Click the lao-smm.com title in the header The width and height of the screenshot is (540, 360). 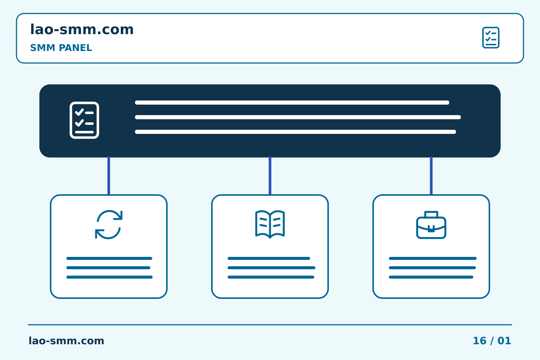82,29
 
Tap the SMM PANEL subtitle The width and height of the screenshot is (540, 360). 61,48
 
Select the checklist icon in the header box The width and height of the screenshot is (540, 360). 490,37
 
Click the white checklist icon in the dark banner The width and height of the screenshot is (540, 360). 84,120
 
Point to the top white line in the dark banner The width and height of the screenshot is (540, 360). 292,102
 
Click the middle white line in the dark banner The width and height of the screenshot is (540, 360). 298,117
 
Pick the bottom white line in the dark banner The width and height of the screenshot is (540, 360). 295,132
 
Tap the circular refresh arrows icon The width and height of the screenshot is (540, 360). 109,225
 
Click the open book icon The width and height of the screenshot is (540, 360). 270,224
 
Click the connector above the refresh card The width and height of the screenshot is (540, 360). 109,175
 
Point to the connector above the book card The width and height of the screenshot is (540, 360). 270,175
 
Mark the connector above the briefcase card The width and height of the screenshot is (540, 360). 431,175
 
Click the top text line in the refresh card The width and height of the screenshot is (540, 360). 109,258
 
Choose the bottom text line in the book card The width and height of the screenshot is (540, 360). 271,277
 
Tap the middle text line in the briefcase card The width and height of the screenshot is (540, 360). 432,268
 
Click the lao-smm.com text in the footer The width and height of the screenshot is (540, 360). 66,341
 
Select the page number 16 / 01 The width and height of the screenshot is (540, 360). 492,341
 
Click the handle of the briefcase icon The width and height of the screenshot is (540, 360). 431,214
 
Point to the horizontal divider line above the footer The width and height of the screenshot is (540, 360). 270,325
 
